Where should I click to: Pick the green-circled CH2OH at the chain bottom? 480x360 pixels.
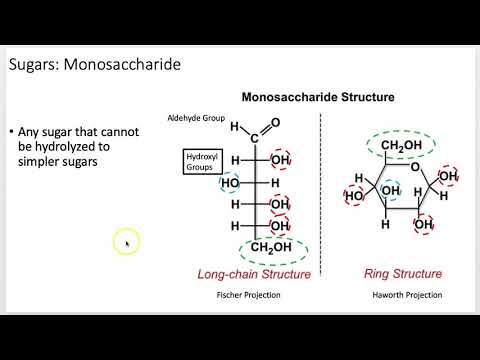click(273, 248)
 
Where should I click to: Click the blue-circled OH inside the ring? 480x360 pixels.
click(392, 188)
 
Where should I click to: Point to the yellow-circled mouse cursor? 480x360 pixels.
click(126, 241)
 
